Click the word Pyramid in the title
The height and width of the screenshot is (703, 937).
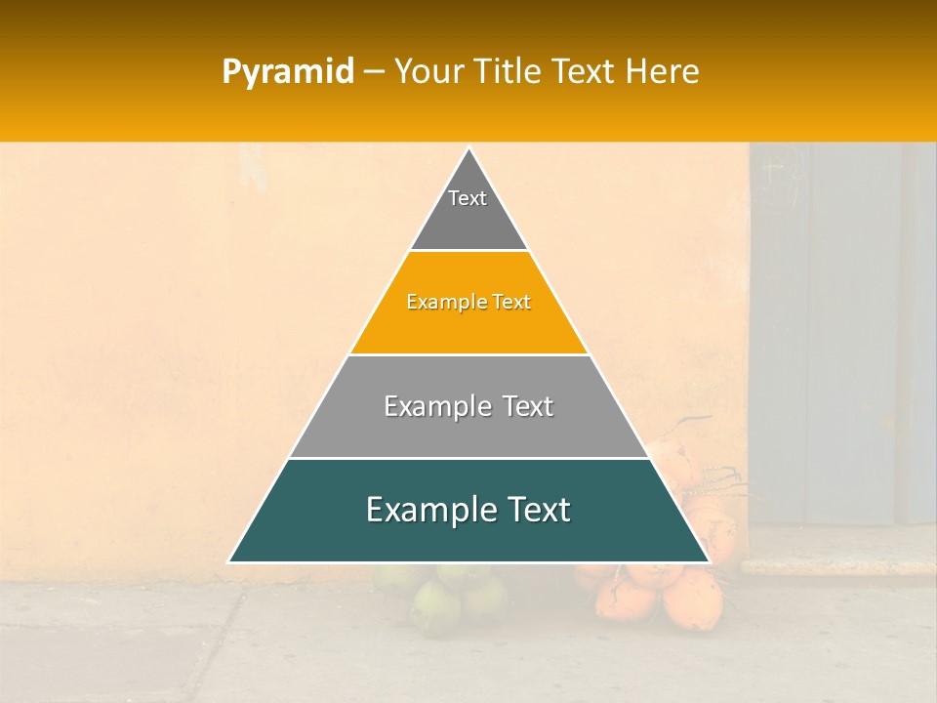[288, 72]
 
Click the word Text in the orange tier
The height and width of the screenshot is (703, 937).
[511, 303]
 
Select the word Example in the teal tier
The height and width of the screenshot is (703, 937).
[424, 510]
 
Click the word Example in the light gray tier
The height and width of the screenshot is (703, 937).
[434, 406]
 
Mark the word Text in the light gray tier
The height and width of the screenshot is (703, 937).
[529, 406]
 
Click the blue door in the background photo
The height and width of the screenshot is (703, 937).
[839, 332]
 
